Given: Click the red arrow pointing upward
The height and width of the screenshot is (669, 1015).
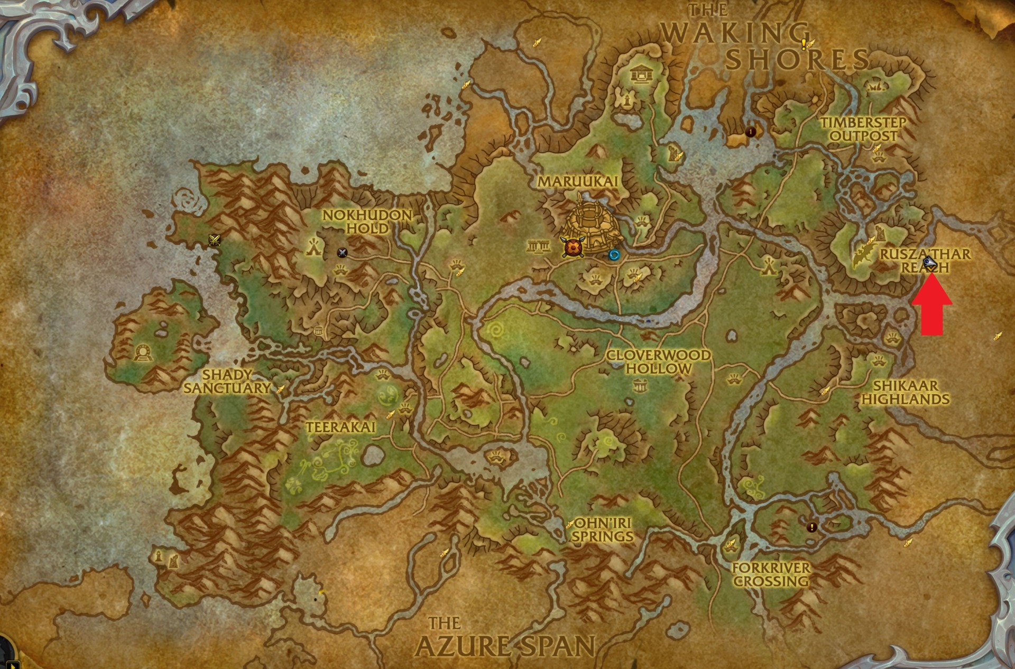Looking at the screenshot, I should [x=932, y=308].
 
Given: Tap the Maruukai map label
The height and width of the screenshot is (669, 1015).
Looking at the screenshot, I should [x=578, y=182].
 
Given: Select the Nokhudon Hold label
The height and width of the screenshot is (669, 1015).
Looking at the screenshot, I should [x=367, y=222].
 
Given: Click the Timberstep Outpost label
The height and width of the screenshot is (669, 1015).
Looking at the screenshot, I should [x=863, y=129].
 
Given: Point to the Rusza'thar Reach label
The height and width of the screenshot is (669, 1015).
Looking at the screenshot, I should [x=925, y=261].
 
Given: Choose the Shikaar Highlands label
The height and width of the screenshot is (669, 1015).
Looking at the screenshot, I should [x=906, y=392].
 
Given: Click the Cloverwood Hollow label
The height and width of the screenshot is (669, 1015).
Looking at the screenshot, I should [x=658, y=362].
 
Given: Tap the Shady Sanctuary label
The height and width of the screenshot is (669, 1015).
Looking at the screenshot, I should [x=228, y=382].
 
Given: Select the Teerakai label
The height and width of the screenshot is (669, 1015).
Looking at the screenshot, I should [x=340, y=426].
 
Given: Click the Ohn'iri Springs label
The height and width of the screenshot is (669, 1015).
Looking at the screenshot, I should [x=603, y=529].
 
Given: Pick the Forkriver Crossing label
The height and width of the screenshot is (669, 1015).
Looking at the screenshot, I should [x=771, y=574].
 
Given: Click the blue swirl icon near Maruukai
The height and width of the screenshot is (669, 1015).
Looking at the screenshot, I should [x=614, y=255].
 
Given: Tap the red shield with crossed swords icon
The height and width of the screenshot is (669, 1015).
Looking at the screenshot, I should [x=572, y=247].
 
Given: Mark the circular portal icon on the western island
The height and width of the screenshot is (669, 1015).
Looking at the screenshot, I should [x=142, y=352].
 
